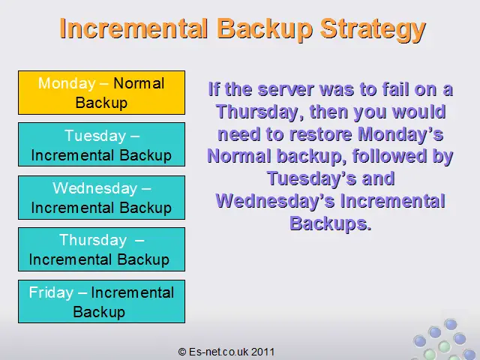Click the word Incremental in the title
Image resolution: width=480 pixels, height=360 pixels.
(133, 28)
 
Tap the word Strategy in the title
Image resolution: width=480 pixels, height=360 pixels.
(373, 30)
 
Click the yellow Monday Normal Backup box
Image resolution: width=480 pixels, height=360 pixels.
(102, 93)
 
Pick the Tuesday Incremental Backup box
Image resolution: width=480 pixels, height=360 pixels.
(102, 145)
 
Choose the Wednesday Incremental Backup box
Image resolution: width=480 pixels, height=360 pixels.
(102, 197)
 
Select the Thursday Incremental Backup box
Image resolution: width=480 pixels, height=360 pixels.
(102, 249)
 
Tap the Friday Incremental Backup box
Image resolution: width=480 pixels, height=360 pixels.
(102, 301)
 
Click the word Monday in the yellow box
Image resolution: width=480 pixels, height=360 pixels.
(67, 83)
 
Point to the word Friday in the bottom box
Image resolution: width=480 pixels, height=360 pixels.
(51, 292)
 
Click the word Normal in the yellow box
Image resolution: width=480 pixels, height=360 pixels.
(139, 83)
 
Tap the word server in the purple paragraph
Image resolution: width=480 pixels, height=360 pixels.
(286, 89)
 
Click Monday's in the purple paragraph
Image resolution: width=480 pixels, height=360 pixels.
(400, 134)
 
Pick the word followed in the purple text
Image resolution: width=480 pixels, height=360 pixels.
(388, 156)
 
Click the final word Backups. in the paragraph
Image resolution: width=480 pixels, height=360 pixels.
(331, 223)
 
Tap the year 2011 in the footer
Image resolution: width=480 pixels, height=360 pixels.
(263, 352)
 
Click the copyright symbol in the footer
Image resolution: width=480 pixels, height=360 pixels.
(182, 352)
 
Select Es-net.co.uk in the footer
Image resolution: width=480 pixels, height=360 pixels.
(219, 352)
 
